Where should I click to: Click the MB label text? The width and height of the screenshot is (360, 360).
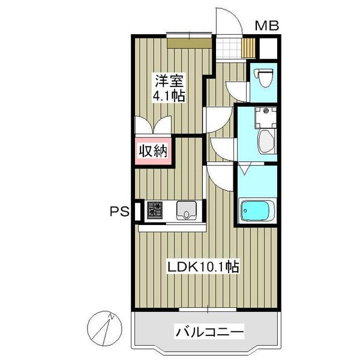pyautogui.click(x=266, y=26)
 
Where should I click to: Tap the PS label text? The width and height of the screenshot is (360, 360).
pyautogui.click(x=117, y=211)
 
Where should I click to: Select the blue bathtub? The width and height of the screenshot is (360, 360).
pyautogui.click(x=257, y=211)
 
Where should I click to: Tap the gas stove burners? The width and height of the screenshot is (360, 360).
pyautogui.click(x=155, y=209)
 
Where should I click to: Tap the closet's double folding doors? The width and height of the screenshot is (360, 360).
pyautogui.click(x=153, y=126)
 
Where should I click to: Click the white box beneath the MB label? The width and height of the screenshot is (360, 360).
pyautogui.click(x=267, y=47)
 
